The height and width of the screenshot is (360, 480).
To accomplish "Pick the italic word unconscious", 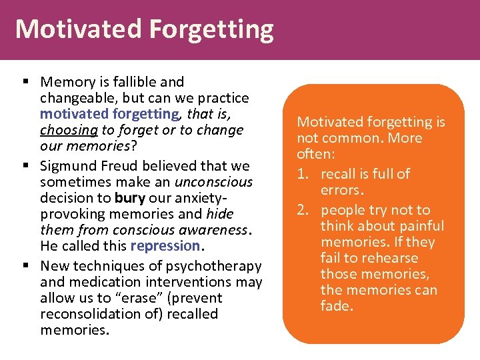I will (x=213, y=182).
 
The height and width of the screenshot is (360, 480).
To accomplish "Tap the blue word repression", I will (x=165, y=245).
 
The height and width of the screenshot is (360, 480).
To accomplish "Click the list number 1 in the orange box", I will (x=304, y=174).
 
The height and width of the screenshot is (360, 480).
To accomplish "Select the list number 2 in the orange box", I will (x=304, y=210).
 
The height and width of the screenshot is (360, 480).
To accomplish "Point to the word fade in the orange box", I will (x=337, y=306).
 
